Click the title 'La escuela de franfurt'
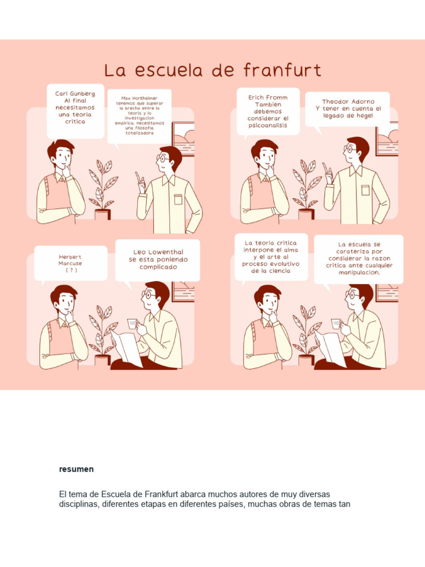click(x=212, y=71)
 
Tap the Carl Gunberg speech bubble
click(x=75, y=111)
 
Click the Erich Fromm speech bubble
click(x=268, y=111)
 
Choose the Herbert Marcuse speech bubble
click(x=70, y=263)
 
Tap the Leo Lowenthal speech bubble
click(x=158, y=259)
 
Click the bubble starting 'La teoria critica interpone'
click(x=271, y=257)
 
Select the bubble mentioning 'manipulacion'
click(x=359, y=258)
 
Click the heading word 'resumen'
click(x=76, y=469)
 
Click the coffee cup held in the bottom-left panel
click(x=132, y=323)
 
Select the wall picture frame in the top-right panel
click(x=387, y=138)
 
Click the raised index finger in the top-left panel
click(x=137, y=177)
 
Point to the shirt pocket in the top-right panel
click(x=365, y=190)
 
